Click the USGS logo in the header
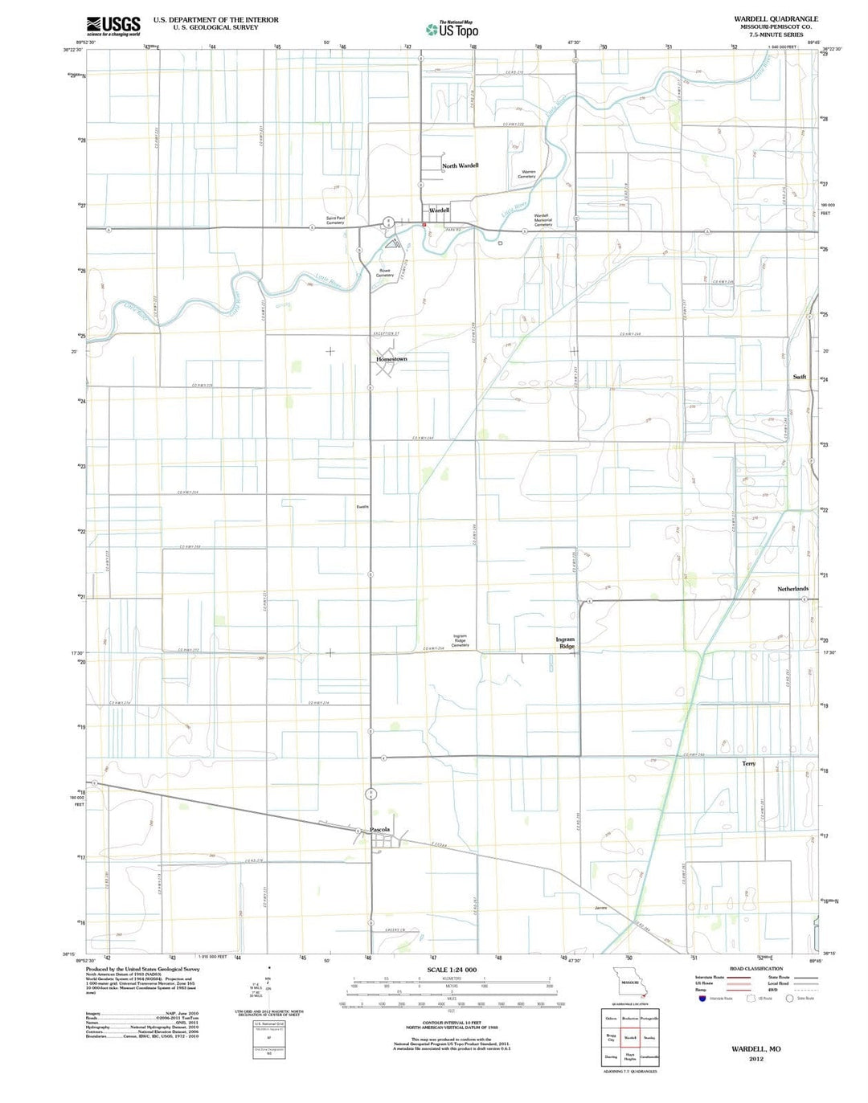(113, 26)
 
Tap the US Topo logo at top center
(452, 30)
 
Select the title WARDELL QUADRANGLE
(776, 18)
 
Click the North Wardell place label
(460, 165)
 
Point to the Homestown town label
(391, 359)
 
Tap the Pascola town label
(379, 829)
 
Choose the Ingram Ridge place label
(565, 643)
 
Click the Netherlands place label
(792, 589)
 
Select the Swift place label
(799, 377)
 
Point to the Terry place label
(748, 763)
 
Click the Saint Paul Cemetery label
(336, 219)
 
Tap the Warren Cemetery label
(527, 174)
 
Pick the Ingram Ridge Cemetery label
(460, 640)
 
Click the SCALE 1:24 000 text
(451, 970)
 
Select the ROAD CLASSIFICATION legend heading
(755, 969)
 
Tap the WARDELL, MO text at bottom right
(755, 1049)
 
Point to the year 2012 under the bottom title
(755, 1059)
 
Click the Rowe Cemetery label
(385, 272)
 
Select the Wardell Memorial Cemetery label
(542, 220)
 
